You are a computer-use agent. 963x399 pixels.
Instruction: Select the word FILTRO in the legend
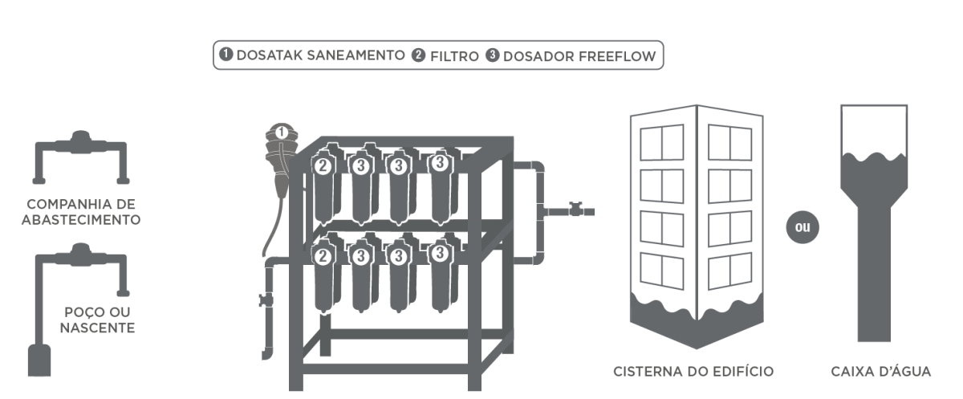(x=453, y=56)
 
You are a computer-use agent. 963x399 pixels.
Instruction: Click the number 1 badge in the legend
(x=227, y=56)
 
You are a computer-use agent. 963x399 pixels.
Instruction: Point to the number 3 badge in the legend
(x=493, y=56)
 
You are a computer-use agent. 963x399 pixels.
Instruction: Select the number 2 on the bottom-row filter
(x=323, y=257)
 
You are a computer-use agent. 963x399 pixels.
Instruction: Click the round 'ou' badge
(x=802, y=226)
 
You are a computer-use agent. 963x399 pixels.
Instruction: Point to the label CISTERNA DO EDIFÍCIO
(x=693, y=372)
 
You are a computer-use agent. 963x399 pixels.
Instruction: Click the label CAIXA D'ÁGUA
(x=880, y=372)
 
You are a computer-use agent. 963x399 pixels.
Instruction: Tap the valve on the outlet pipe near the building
(x=575, y=210)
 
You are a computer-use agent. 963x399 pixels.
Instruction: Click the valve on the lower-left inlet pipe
(x=266, y=301)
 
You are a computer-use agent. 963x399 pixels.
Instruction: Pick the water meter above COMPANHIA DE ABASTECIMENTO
(x=80, y=141)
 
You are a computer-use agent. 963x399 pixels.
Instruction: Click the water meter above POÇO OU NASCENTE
(x=80, y=255)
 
